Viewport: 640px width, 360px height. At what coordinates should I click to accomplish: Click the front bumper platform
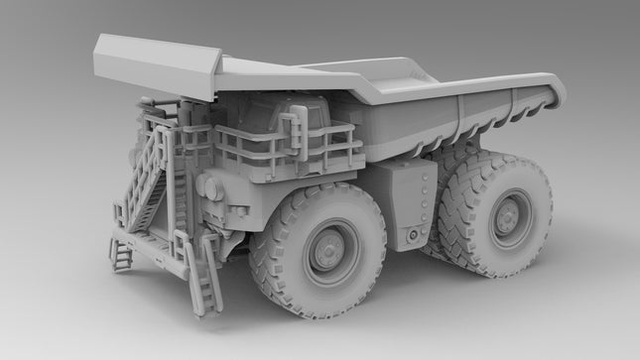tap(149, 248)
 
